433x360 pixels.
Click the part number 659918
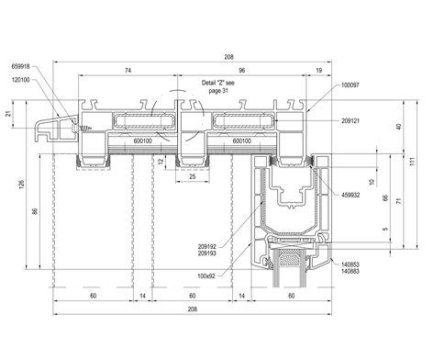tap(20, 66)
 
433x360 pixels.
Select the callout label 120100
tap(20, 80)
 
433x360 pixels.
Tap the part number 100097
tap(350, 84)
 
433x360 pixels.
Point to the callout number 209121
tap(350, 120)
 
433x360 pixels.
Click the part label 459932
tap(350, 195)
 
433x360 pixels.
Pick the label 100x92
tap(206, 276)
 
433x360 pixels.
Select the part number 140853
tap(350, 264)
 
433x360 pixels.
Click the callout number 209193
tap(206, 253)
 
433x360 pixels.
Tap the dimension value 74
tap(128, 71)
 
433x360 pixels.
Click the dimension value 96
tap(241, 71)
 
